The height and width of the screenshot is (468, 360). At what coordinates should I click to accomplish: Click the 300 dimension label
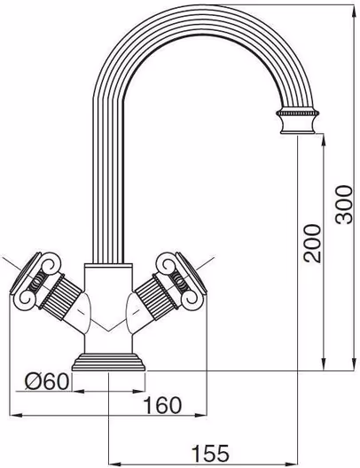(x=343, y=204)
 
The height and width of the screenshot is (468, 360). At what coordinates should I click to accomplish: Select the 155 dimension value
(x=210, y=453)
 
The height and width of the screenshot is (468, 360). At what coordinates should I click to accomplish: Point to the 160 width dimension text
(x=162, y=405)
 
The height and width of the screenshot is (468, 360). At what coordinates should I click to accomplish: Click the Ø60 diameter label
(x=47, y=381)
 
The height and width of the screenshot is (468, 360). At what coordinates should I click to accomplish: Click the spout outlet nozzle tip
(x=298, y=129)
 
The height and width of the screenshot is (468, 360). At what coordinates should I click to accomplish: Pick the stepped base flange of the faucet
(x=109, y=363)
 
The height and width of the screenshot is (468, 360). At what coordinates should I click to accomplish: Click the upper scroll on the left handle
(x=51, y=263)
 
